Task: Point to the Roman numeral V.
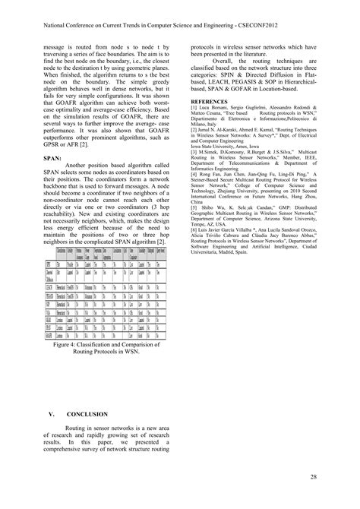pos(52,415)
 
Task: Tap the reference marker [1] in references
pos(194,109)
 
